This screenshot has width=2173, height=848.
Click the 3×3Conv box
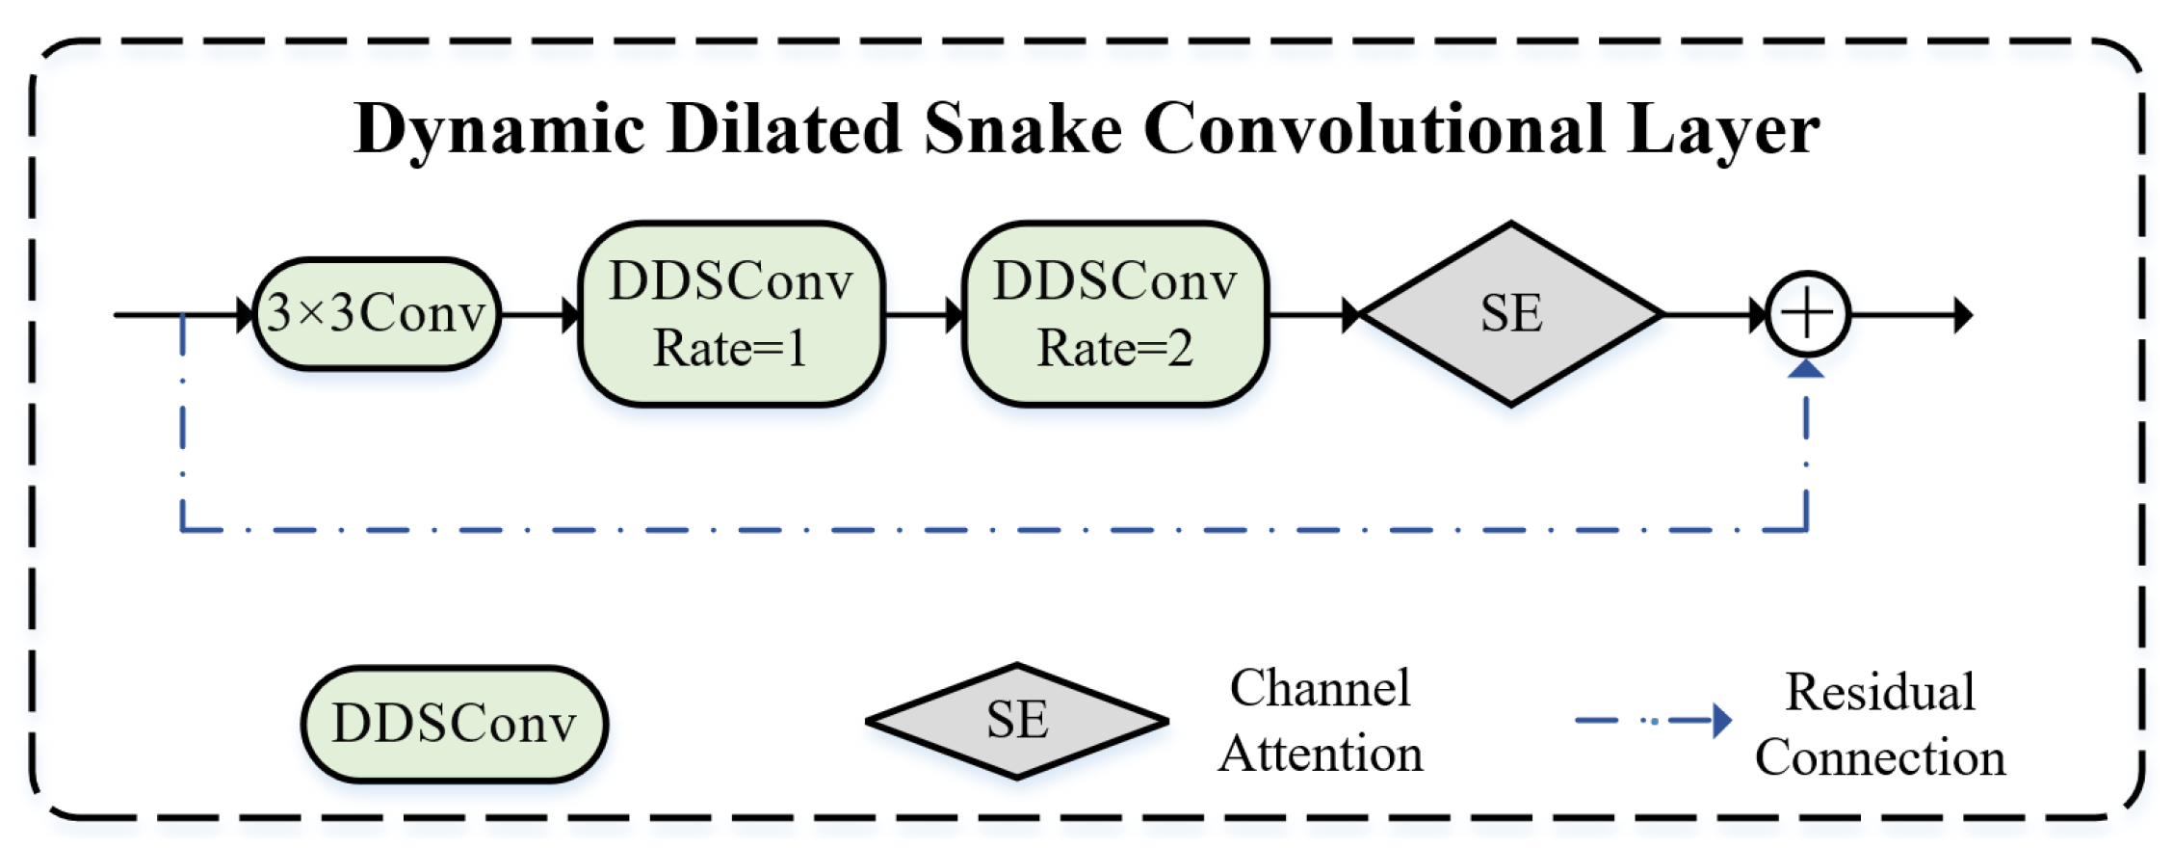376,314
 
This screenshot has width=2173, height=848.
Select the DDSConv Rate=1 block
731,314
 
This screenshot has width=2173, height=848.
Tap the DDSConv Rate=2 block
1115,314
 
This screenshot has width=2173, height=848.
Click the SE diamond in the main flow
1511,314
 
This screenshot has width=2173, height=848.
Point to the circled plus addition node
1808,314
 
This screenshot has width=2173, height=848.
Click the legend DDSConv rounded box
455,724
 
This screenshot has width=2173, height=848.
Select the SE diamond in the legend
1017,721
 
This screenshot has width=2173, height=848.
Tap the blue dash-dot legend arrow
1653,720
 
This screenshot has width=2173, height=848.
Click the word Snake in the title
1023,129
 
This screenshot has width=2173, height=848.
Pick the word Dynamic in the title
500,131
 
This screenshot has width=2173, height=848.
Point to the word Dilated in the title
784,129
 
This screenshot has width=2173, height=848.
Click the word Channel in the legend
1320,689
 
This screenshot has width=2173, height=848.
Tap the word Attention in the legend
1321,755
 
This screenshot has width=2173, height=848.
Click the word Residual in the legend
1880,692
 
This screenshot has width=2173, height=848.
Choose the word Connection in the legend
1880,758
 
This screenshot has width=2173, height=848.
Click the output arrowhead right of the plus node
1962,315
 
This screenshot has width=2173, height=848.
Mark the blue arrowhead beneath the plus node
1807,368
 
